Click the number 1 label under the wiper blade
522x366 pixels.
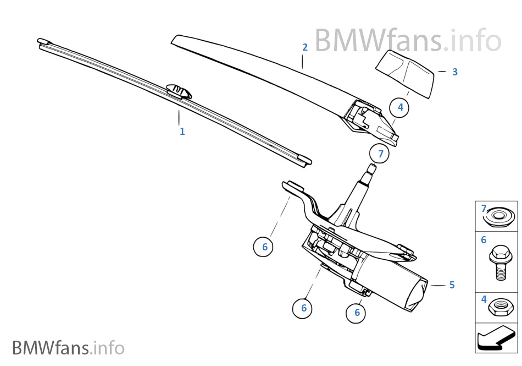click(182, 132)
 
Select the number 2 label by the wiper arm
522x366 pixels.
click(305, 47)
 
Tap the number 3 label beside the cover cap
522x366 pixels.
click(454, 72)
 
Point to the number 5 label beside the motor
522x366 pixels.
click(452, 285)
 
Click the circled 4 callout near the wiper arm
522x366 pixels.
click(400, 107)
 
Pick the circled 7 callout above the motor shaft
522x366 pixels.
click(380, 154)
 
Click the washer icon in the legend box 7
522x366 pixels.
click(500, 216)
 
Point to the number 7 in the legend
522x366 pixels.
click(484, 209)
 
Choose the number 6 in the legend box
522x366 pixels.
click(484, 240)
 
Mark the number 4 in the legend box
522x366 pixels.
click(484, 299)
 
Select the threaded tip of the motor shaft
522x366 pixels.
click(371, 168)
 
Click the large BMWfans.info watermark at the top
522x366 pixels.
click(407, 41)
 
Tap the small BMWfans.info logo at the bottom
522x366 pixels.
click(68, 348)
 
